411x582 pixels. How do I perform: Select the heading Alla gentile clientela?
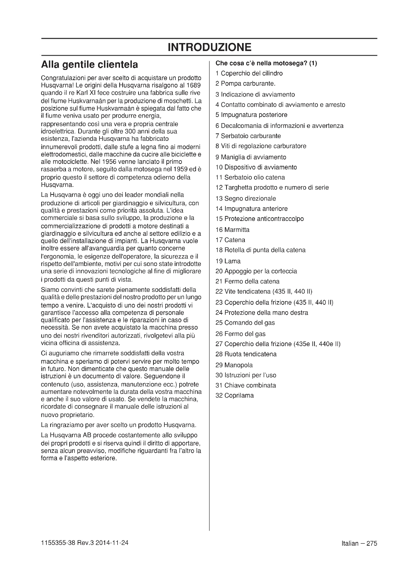point(89,65)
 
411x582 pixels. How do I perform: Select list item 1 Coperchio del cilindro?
point(249,73)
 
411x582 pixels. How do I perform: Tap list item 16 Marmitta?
point(232,230)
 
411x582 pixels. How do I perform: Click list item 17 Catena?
point(230,240)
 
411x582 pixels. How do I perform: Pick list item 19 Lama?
point(228,261)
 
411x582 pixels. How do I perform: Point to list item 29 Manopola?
point(234,365)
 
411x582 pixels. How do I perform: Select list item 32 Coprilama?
point(235,395)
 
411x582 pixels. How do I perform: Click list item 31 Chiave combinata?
point(246,385)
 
